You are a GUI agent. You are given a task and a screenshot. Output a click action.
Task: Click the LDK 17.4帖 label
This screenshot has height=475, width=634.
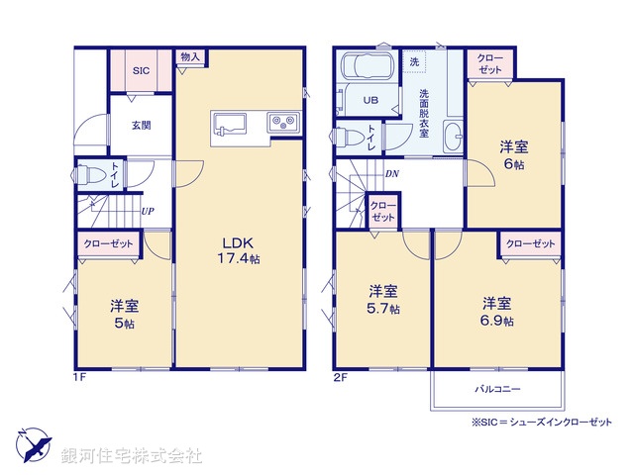(240, 249)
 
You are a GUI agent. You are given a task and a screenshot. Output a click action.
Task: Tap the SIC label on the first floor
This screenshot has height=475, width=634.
(141, 70)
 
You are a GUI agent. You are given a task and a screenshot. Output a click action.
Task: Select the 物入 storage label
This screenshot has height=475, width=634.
(189, 57)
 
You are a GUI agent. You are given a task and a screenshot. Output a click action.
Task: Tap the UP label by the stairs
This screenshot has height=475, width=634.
(147, 210)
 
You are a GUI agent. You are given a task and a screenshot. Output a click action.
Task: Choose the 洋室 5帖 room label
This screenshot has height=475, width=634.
(124, 314)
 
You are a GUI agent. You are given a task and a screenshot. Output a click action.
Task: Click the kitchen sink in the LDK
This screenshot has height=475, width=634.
(234, 124)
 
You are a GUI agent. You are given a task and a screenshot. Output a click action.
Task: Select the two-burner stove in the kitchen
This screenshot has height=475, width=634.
(280, 123)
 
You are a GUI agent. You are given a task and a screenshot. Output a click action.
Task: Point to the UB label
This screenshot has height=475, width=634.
(370, 100)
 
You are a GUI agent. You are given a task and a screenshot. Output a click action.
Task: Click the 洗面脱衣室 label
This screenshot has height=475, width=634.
(423, 112)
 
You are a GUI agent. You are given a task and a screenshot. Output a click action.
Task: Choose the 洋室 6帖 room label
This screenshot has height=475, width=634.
(512, 155)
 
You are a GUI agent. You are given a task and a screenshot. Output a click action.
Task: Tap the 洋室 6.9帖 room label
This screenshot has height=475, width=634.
(497, 311)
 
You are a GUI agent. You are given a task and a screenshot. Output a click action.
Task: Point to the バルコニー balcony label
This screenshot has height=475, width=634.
(496, 389)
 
